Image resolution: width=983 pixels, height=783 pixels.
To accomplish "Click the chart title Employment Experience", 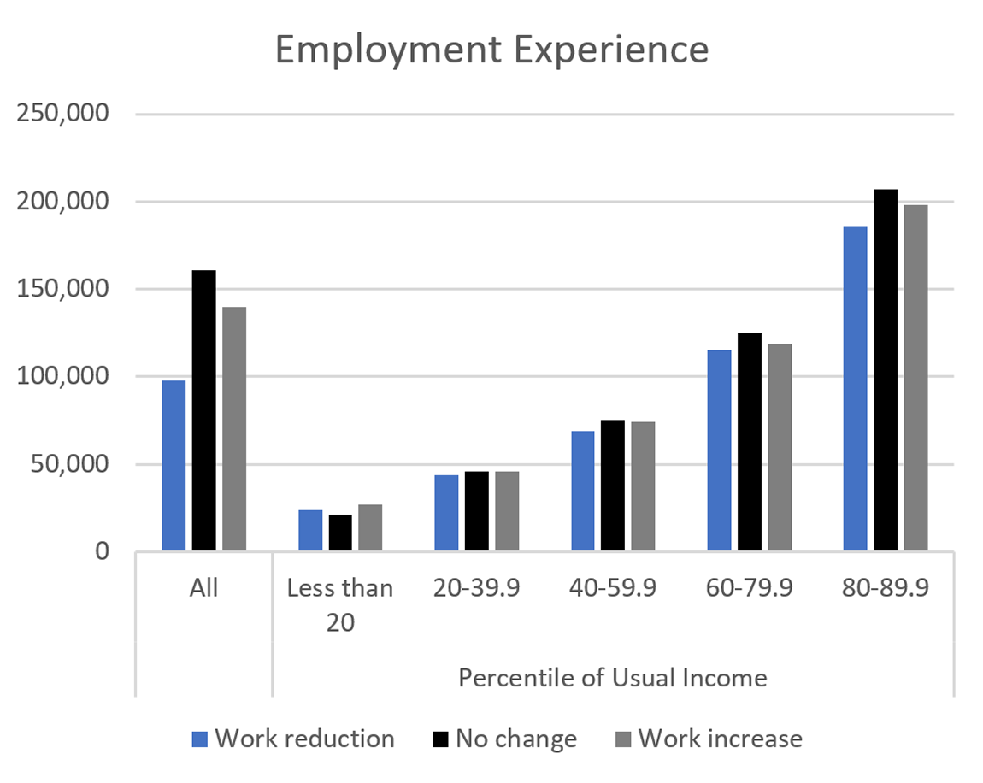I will click(x=491, y=50).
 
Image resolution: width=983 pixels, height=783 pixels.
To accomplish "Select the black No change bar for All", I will click(x=203, y=410).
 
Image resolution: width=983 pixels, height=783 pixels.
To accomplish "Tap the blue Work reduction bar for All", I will click(x=174, y=466).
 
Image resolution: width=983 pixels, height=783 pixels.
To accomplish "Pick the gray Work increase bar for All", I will click(x=234, y=428).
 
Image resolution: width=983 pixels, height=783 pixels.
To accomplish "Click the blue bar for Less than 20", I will click(x=310, y=530).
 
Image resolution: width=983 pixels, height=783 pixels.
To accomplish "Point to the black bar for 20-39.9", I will click(x=476, y=511).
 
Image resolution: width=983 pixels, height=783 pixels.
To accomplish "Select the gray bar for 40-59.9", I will click(x=643, y=486).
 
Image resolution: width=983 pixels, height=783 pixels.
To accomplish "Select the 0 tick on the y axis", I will click(x=102, y=551).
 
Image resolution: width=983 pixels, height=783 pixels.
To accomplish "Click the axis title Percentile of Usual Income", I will click(x=612, y=678).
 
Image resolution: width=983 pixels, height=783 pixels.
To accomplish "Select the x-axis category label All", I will click(x=204, y=588).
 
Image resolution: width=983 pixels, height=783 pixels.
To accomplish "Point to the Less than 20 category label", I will click(x=339, y=604).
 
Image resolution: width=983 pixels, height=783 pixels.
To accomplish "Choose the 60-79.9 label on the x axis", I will click(x=749, y=588).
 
